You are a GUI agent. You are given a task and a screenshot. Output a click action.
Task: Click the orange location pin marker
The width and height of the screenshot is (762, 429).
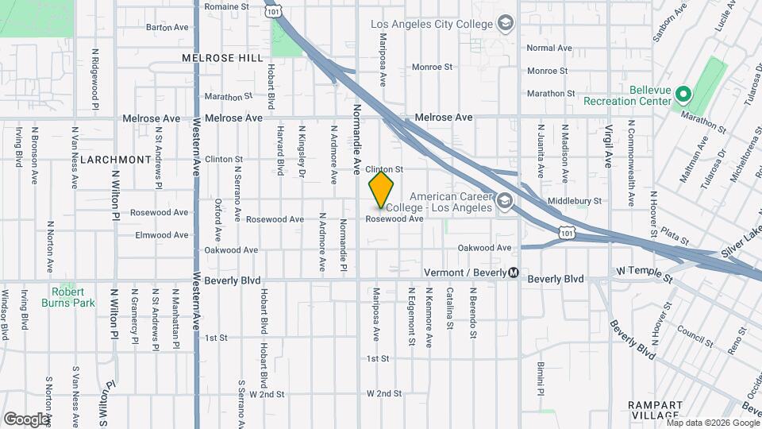pyautogui.click(x=382, y=189)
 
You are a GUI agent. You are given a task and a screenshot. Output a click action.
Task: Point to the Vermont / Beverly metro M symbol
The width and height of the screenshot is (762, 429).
pyautogui.click(x=514, y=272)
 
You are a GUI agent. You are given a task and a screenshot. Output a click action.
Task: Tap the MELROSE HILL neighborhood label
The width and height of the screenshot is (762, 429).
pyautogui.click(x=221, y=58)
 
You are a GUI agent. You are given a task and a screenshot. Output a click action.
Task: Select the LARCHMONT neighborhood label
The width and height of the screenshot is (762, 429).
pyautogui.click(x=116, y=159)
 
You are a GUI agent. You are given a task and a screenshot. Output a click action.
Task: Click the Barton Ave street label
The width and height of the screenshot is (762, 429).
pyautogui.click(x=167, y=27)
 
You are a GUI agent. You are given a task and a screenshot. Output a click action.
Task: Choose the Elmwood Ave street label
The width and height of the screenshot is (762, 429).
pyautogui.click(x=162, y=235)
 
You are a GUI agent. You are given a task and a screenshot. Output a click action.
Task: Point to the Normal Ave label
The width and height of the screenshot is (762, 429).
pyautogui.click(x=549, y=48)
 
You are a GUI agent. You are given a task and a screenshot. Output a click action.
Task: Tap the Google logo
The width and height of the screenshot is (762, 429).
pyautogui.click(x=26, y=419)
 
